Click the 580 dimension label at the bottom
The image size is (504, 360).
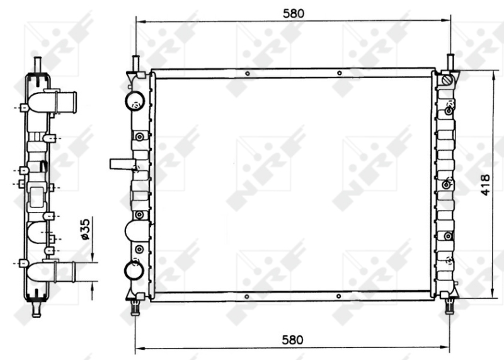[294, 339]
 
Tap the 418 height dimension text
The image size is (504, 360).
[486, 184]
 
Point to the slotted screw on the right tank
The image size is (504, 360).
[447, 81]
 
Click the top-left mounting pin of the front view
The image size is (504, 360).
[135, 63]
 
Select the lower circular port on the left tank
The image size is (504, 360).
[135, 270]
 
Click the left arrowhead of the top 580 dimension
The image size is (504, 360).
[140, 21]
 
